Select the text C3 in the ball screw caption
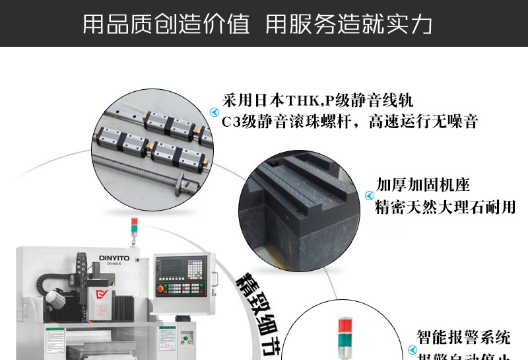tap(230, 122)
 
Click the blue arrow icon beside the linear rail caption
tap(214, 112)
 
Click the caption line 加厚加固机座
tap(422, 184)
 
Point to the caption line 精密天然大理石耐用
tap(445, 207)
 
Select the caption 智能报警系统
tap(463, 338)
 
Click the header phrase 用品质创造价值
tap(166, 24)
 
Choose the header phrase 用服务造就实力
tap(349, 24)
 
